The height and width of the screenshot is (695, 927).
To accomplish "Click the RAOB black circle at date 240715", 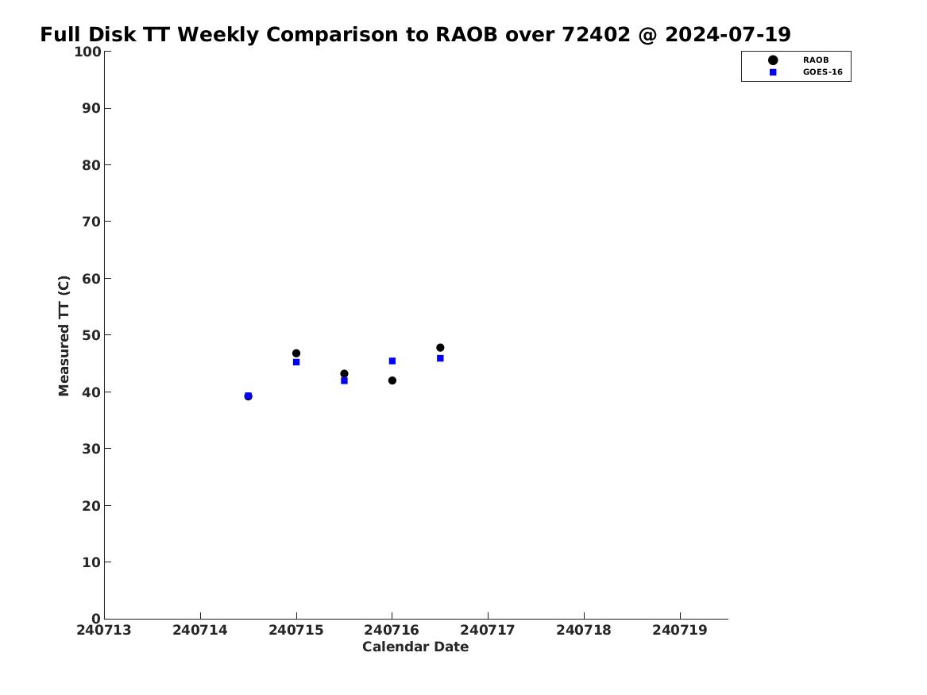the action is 296,353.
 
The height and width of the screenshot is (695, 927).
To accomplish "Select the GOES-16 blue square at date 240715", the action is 296,362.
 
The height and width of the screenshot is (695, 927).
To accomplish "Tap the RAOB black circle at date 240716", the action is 392,380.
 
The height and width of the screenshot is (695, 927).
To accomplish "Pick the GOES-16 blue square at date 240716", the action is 392,361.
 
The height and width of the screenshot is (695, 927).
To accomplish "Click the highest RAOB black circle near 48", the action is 440,348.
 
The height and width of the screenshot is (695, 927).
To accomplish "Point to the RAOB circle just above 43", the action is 344,373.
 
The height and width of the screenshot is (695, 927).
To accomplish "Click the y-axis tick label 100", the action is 87,52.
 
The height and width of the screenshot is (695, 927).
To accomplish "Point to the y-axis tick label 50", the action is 91,335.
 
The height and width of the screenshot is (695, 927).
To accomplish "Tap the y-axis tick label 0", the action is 96,619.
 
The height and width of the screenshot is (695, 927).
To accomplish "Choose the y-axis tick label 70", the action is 91,222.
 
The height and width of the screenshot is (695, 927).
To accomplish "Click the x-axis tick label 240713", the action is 104,631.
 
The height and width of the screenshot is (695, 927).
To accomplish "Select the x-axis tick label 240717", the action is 488,631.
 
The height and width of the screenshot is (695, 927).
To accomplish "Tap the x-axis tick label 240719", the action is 680,631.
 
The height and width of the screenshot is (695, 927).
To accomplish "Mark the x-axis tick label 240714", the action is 200,631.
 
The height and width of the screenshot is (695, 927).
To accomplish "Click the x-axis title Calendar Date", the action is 415,647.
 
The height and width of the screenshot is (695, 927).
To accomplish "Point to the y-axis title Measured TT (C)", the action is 64,336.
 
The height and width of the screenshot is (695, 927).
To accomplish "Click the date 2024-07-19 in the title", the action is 728,35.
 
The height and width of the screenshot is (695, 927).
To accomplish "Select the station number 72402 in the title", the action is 596,35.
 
